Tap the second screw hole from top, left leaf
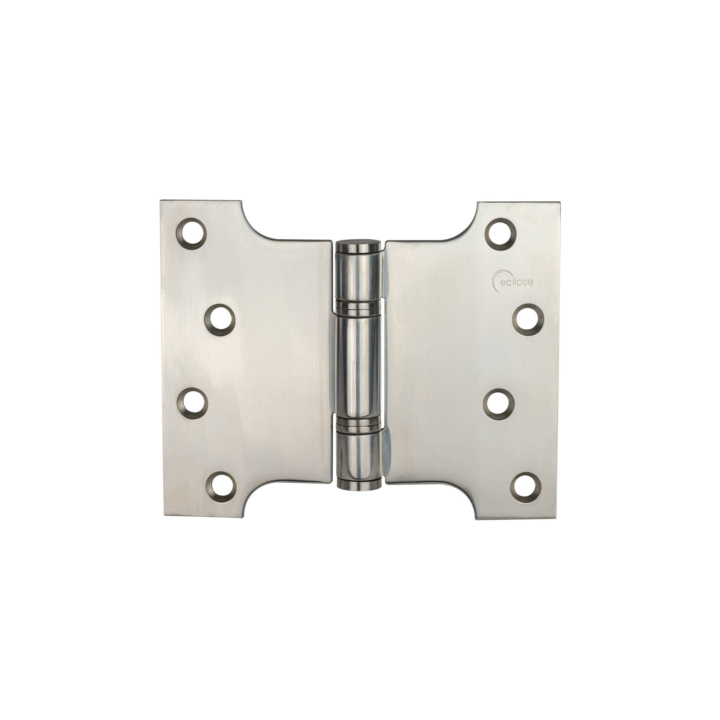(220, 307)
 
